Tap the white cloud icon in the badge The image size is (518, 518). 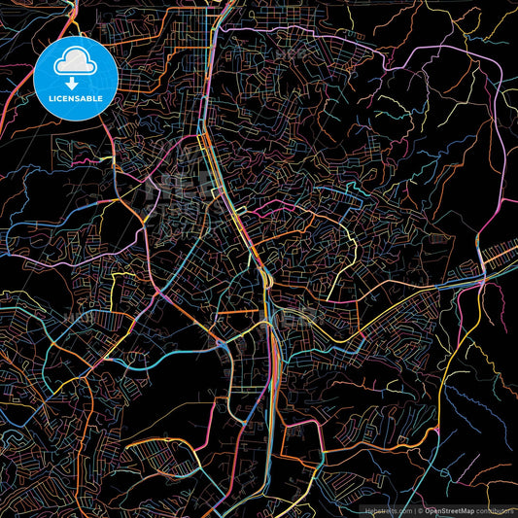point(75,62)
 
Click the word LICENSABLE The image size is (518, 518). point(75,98)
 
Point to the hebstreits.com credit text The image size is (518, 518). point(386,509)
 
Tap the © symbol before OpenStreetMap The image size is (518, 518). point(420,509)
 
